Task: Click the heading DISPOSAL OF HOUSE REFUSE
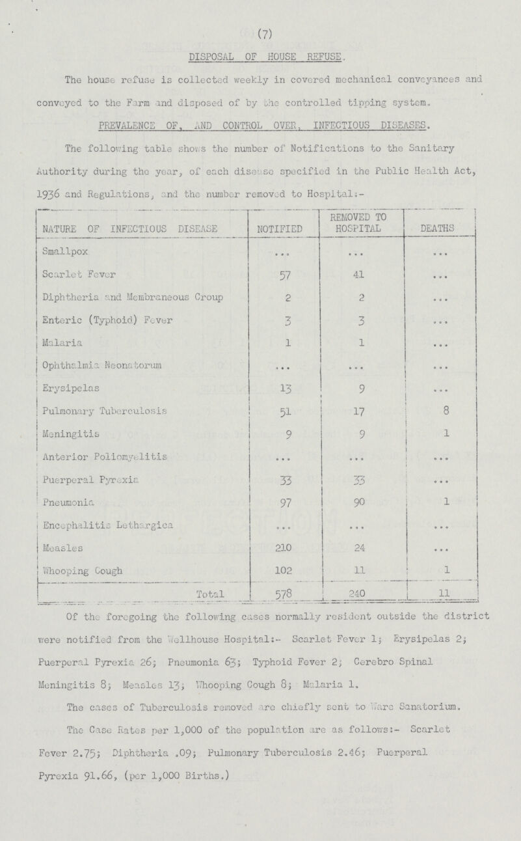tap(258, 57)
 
